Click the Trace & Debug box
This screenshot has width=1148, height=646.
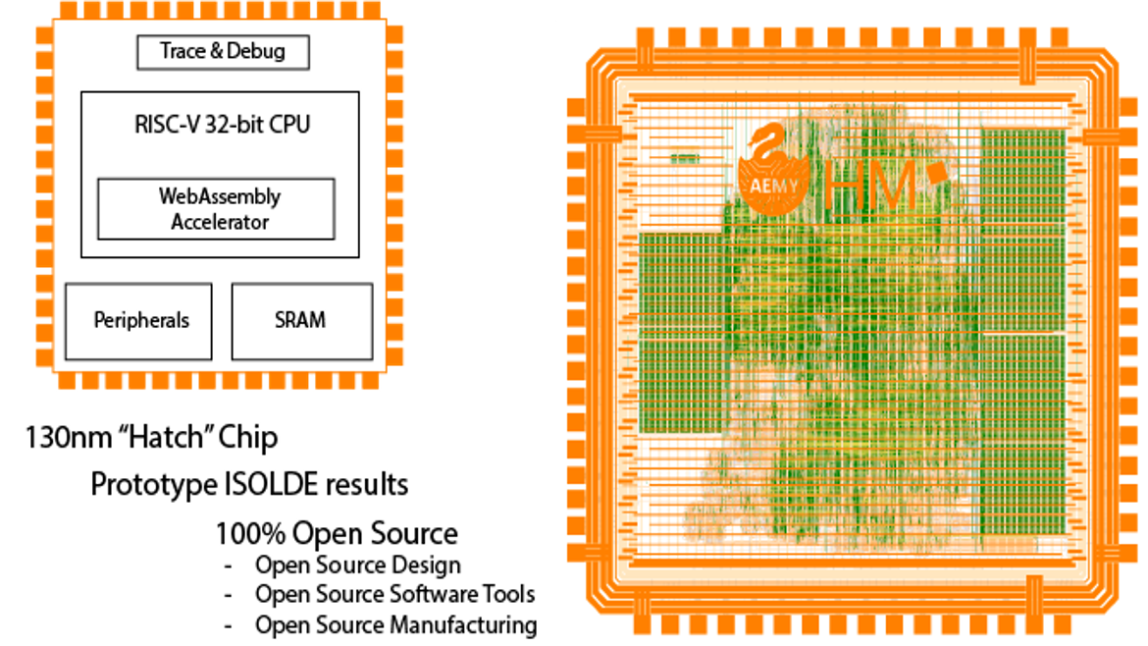click(x=223, y=52)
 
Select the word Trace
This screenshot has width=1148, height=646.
click(x=183, y=52)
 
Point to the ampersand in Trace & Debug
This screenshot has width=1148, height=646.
click(x=216, y=52)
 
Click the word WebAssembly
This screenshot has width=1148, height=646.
click(x=219, y=196)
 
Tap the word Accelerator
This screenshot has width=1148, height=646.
click(x=219, y=222)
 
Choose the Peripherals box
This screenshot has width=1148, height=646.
click(x=138, y=321)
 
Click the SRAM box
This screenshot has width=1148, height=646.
click(x=301, y=321)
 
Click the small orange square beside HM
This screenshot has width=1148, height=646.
click(x=937, y=173)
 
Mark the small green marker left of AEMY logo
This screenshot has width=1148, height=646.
click(x=684, y=158)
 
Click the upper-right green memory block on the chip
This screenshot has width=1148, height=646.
click(x=1022, y=226)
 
